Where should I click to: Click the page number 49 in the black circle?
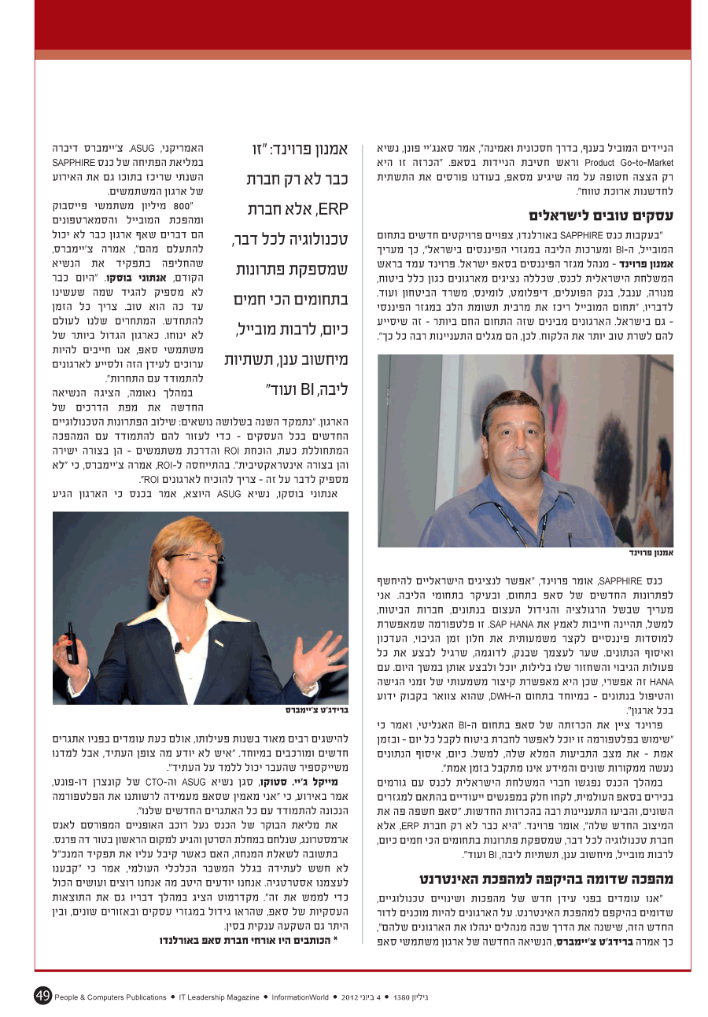(x=42, y=996)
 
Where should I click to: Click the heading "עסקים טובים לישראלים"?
(x=600, y=215)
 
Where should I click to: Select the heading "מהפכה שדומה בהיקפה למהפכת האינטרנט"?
(x=545, y=879)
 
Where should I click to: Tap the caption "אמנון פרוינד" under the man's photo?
(x=651, y=553)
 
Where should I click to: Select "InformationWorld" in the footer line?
(x=301, y=997)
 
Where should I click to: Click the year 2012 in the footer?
(x=351, y=997)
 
